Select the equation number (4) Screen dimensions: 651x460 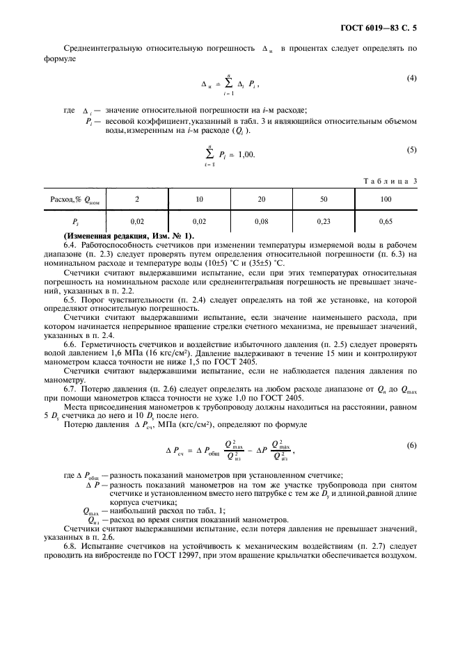(411, 78)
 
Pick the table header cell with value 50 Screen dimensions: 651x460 (324, 200)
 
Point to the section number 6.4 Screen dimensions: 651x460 (70, 245)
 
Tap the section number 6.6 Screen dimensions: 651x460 (70, 345)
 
